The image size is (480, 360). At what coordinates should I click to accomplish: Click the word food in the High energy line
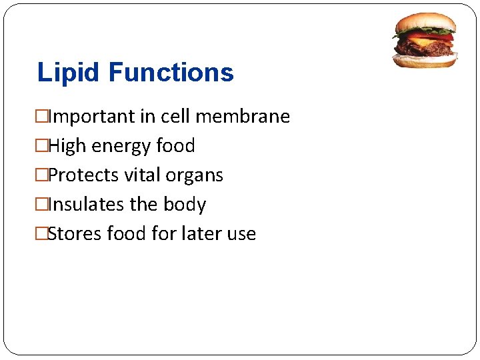175,146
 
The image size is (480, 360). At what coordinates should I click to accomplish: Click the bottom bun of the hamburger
425,61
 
